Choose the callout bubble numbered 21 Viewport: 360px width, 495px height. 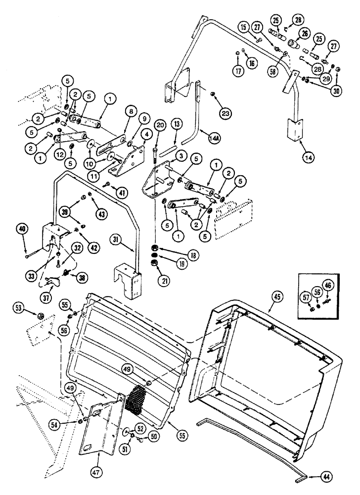163,281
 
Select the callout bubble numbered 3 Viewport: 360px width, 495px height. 180,157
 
